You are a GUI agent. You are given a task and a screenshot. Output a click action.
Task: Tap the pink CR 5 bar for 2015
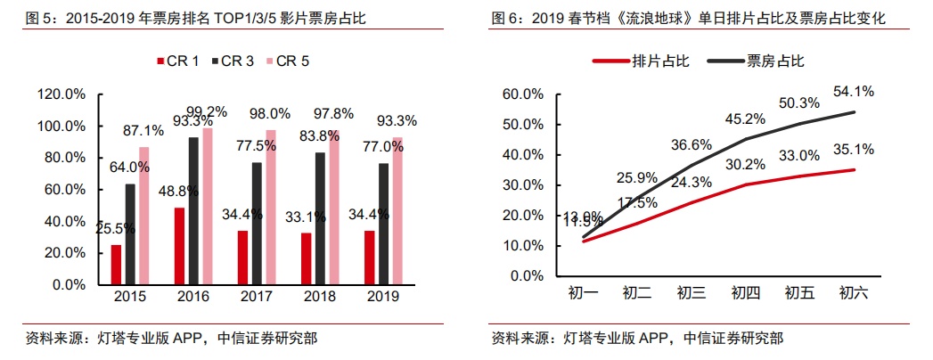coord(144,216)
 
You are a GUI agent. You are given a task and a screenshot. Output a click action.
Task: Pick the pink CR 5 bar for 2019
coord(397,210)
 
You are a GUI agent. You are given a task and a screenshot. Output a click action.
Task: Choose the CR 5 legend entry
coord(292,61)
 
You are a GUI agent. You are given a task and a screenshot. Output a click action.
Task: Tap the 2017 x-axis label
coord(257,296)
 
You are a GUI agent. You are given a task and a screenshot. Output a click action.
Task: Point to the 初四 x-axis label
coord(745,293)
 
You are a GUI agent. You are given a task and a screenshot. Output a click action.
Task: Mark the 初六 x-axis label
coord(855,293)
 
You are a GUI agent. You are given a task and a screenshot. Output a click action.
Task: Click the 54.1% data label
coord(853,91)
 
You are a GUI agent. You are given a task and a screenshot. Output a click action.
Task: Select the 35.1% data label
coord(853,150)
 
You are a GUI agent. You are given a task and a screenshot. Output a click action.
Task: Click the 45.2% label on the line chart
coord(744,119)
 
